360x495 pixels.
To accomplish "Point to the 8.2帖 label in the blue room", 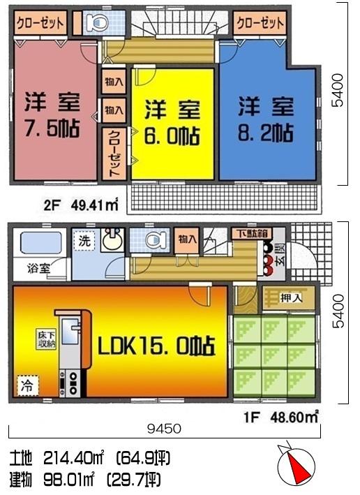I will [x=266, y=133].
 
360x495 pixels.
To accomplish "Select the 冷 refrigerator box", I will [x=24, y=384].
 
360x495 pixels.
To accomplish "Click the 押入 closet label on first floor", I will [x=291, y=297].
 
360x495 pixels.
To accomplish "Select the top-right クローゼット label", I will [x=260, y=23].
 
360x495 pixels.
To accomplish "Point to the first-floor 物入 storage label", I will [x=186, y=239].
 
